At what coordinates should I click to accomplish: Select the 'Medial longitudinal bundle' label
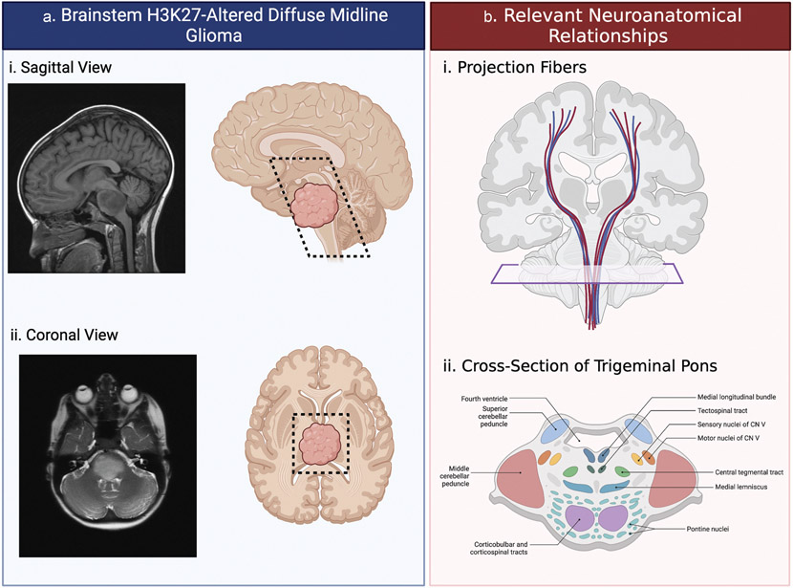(x=727, y=397)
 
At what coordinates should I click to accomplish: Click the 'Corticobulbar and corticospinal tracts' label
(x=502, y=548)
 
